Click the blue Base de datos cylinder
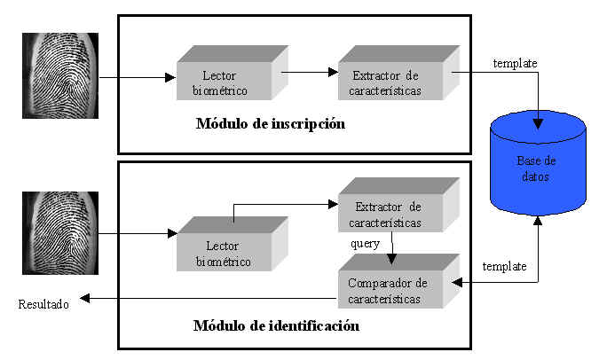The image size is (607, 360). click(x=539, y=168)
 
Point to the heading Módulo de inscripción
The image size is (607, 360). click(x=270, y=124)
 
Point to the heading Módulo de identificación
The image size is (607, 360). click(x=276, y=325)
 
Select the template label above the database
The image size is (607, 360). click(x=516, y=63)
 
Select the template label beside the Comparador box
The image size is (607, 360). click(x=503, y=266)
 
